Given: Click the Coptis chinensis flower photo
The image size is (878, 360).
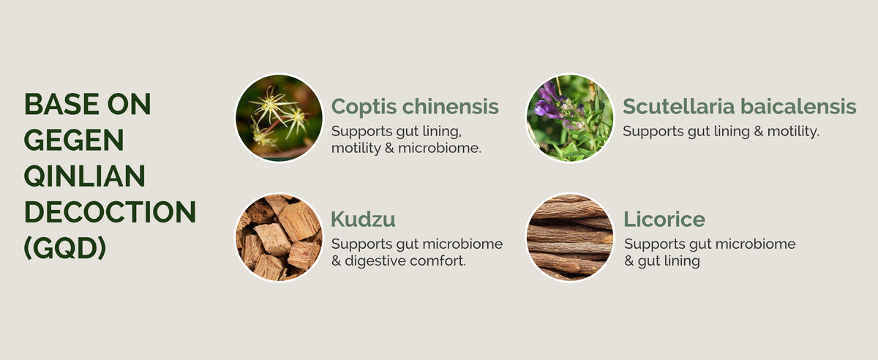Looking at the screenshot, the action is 279,118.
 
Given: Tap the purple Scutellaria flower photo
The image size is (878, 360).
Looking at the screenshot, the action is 570,118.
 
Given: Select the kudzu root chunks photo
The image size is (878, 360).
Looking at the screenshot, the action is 279,237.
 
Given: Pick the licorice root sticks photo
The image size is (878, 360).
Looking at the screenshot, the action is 570,237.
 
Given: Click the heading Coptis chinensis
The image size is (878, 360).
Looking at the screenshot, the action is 415,107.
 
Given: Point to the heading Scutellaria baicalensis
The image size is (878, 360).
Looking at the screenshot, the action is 739,106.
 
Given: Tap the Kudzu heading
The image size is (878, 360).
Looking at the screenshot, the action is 363,219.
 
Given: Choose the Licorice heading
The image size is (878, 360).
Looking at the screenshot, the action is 664,219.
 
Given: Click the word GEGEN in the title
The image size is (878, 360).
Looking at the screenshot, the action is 74,140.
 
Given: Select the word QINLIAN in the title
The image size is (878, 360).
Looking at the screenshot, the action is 85,176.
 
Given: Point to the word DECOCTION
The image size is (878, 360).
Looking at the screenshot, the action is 110,211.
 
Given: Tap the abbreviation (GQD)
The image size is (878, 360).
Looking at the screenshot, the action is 65,248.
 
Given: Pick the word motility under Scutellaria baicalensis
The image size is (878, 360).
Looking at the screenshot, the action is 793,132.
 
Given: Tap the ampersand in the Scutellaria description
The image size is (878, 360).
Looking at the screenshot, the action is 759,132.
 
